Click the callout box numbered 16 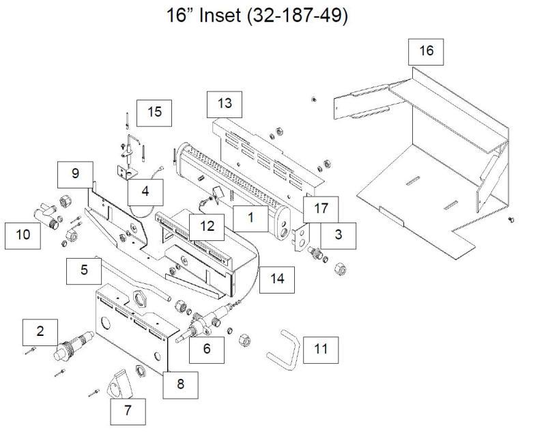click(426, 51)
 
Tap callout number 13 click(225, 104)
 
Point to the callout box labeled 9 click(74, 173)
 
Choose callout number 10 click(23, 235)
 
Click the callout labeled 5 click(84, 270)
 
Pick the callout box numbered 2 click(40, 332)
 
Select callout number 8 click(180, 384)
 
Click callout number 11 click(321, 350)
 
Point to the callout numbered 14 click(277, 278)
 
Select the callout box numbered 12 click(207, 225)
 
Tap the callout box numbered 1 click(250, 218)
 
